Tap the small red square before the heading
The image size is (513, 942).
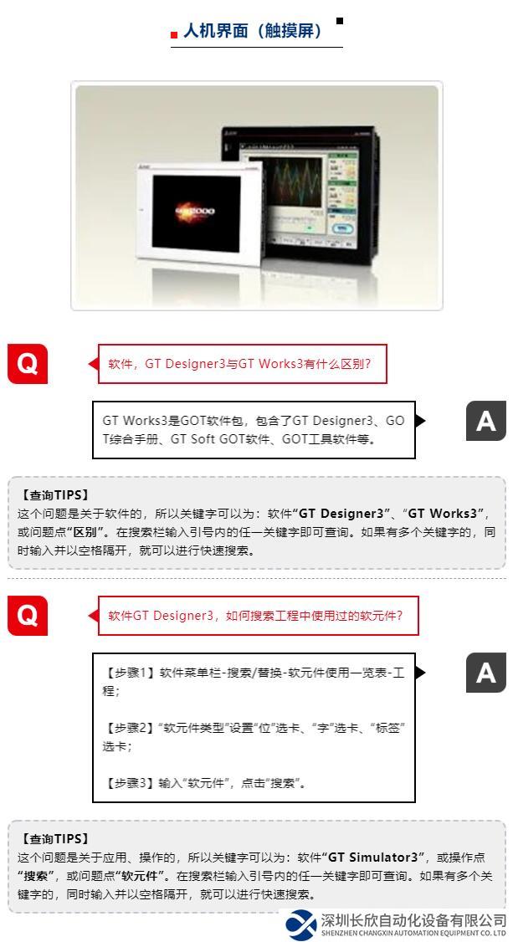(x=174, y=35)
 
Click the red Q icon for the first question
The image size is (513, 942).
(x=27, y=363)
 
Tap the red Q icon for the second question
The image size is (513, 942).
(x=27, y=615)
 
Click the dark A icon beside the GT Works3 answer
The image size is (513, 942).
(x=486, y=421)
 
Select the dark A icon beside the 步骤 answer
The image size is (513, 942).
(x=486, y=673)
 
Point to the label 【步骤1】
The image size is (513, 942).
(x=130, y=673)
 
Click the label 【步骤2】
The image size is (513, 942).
(x=130, y=728)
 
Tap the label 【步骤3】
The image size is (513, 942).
(x=130, y=783)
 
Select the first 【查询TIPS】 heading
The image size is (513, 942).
(x=54, y=495)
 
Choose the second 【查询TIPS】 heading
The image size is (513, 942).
(x=54, y=838)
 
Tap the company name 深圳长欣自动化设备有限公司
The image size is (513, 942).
(x=413, y=920)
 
